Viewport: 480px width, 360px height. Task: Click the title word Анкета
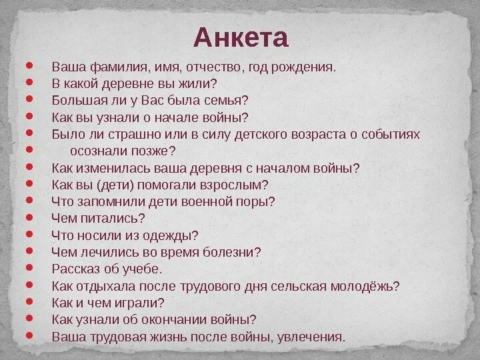click(x=241, y=38)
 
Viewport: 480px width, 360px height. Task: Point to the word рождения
click(x=305, y=67)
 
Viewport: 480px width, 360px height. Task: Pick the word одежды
click(x=173, y=235)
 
